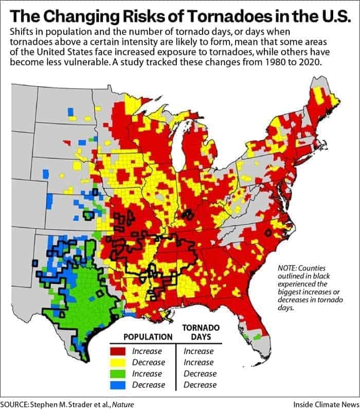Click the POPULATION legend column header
click(147, 337)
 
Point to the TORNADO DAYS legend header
click(201, 332)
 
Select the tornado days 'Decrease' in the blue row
click(200, 385)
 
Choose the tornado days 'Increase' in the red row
click(199, 352)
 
